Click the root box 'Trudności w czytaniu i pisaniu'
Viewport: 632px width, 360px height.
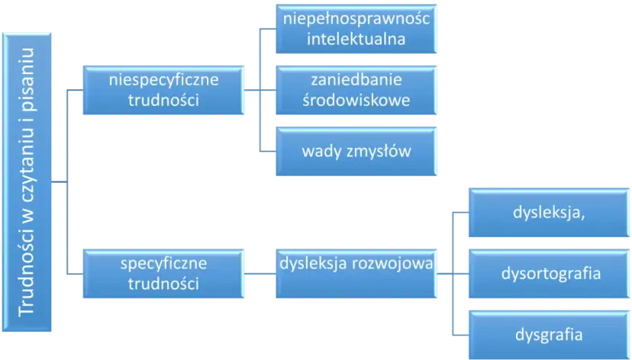(x=29, y=182)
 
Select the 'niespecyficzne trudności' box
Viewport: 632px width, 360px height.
(x=165, y=90)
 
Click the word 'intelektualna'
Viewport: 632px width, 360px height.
(x=356, y=38)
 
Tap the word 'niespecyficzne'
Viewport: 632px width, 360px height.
(x=165, y=79)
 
